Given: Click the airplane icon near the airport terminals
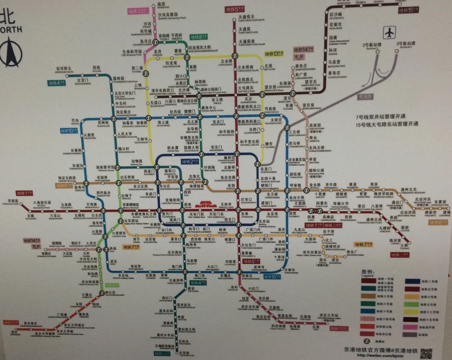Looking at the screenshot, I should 390,33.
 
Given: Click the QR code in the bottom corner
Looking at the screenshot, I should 426,353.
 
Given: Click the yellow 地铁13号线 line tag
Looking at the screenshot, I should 273,53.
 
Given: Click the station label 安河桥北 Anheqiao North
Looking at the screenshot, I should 64,69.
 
